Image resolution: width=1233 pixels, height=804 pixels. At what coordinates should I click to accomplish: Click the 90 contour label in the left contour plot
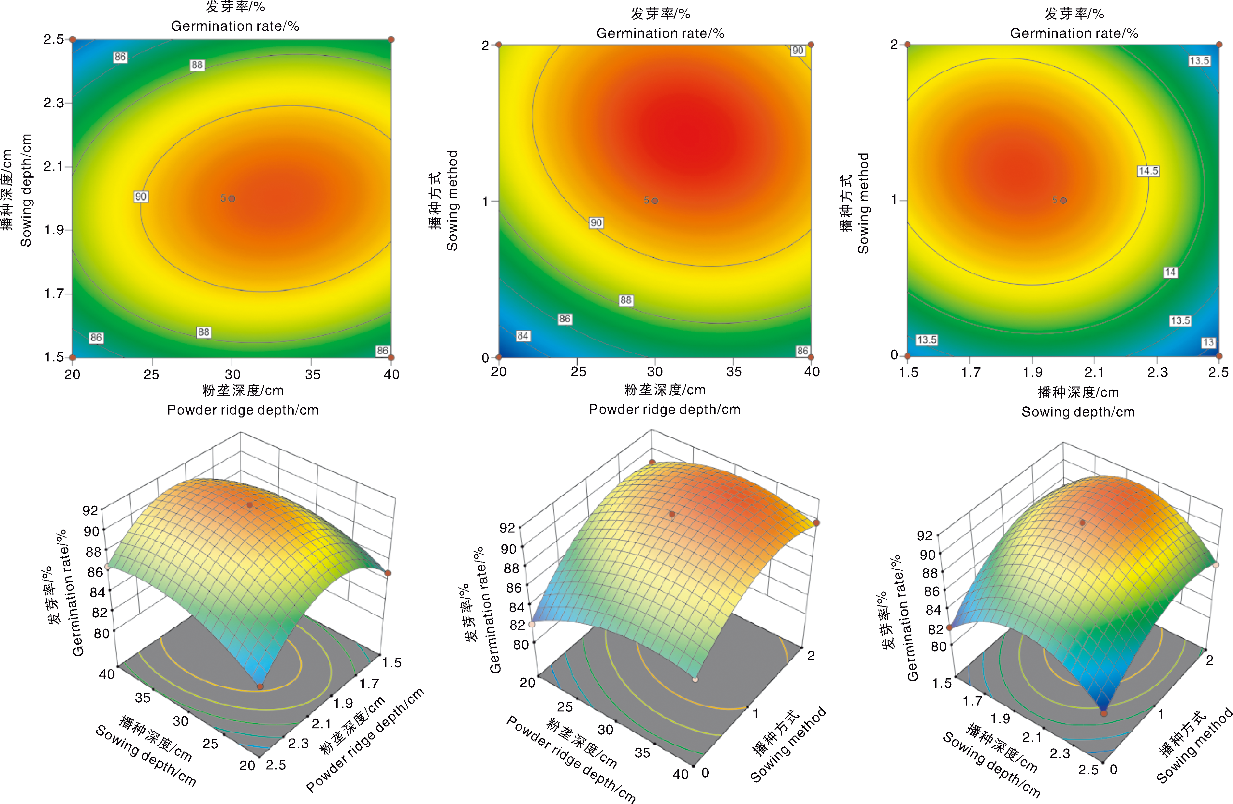coord(141,197)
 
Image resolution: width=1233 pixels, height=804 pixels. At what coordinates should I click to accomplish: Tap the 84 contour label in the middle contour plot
coord(523,336)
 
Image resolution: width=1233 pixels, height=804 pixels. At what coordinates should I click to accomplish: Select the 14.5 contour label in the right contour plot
coord(1148,171)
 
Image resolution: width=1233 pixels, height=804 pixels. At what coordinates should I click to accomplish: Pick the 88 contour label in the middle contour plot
coord(626,300)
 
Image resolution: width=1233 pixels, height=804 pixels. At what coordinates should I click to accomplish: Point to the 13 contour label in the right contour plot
coord(1208,343)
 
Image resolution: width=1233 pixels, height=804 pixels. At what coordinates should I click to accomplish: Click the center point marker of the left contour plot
coord(232,198)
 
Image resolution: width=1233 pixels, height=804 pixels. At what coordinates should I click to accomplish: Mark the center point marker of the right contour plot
coord(1063,200)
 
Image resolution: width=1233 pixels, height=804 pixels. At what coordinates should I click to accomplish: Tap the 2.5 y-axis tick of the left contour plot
coord(53,39)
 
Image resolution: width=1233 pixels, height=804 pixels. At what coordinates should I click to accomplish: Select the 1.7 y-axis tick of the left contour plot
coord(53,294)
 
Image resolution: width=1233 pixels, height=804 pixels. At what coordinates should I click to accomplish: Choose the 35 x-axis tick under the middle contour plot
coord(733,372)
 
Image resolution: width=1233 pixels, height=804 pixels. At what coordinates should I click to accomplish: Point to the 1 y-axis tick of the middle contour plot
coord(486,201)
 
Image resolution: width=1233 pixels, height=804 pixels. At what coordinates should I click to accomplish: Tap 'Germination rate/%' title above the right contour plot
coord(1074,33)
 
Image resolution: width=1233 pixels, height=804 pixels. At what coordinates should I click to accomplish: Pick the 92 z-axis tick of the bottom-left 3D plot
coord(90,511)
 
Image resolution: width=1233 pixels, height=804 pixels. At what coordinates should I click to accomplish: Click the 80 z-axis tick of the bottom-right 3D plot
coord(938,647)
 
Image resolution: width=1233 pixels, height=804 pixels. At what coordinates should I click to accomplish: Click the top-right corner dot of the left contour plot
coord(391,39)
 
